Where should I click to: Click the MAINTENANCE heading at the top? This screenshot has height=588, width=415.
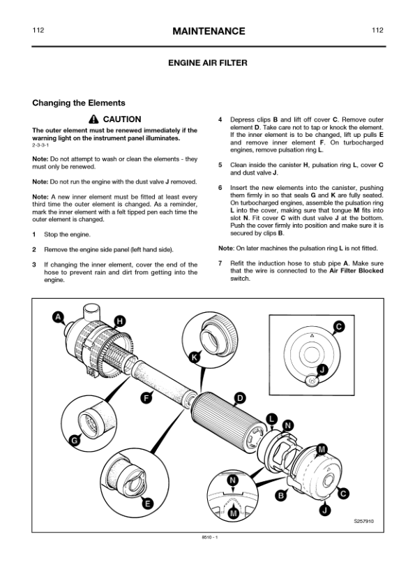tap(207, 31)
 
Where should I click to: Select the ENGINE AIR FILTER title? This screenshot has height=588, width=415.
tap(207, 63)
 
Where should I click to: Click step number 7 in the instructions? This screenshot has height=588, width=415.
tap(220, 263)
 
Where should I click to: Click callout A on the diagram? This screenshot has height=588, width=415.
tap(59, 317)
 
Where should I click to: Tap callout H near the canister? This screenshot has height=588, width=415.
tap(120, 321)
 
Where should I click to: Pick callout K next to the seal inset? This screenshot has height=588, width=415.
tap(195, 357)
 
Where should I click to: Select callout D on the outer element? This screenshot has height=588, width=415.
tap(239, 398)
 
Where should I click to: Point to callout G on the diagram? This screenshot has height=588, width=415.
tap(74, 440)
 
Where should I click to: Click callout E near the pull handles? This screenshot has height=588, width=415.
tap(148, 503)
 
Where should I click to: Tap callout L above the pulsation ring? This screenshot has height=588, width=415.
tap(273, 418)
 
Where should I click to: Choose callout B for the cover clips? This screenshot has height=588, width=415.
tap(281, 496)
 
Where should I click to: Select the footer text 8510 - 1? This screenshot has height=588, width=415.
tap(207, 537)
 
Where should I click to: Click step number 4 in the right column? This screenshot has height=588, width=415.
tap(220, 119)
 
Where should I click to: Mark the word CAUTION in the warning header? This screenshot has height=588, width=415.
tap(122, 119)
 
